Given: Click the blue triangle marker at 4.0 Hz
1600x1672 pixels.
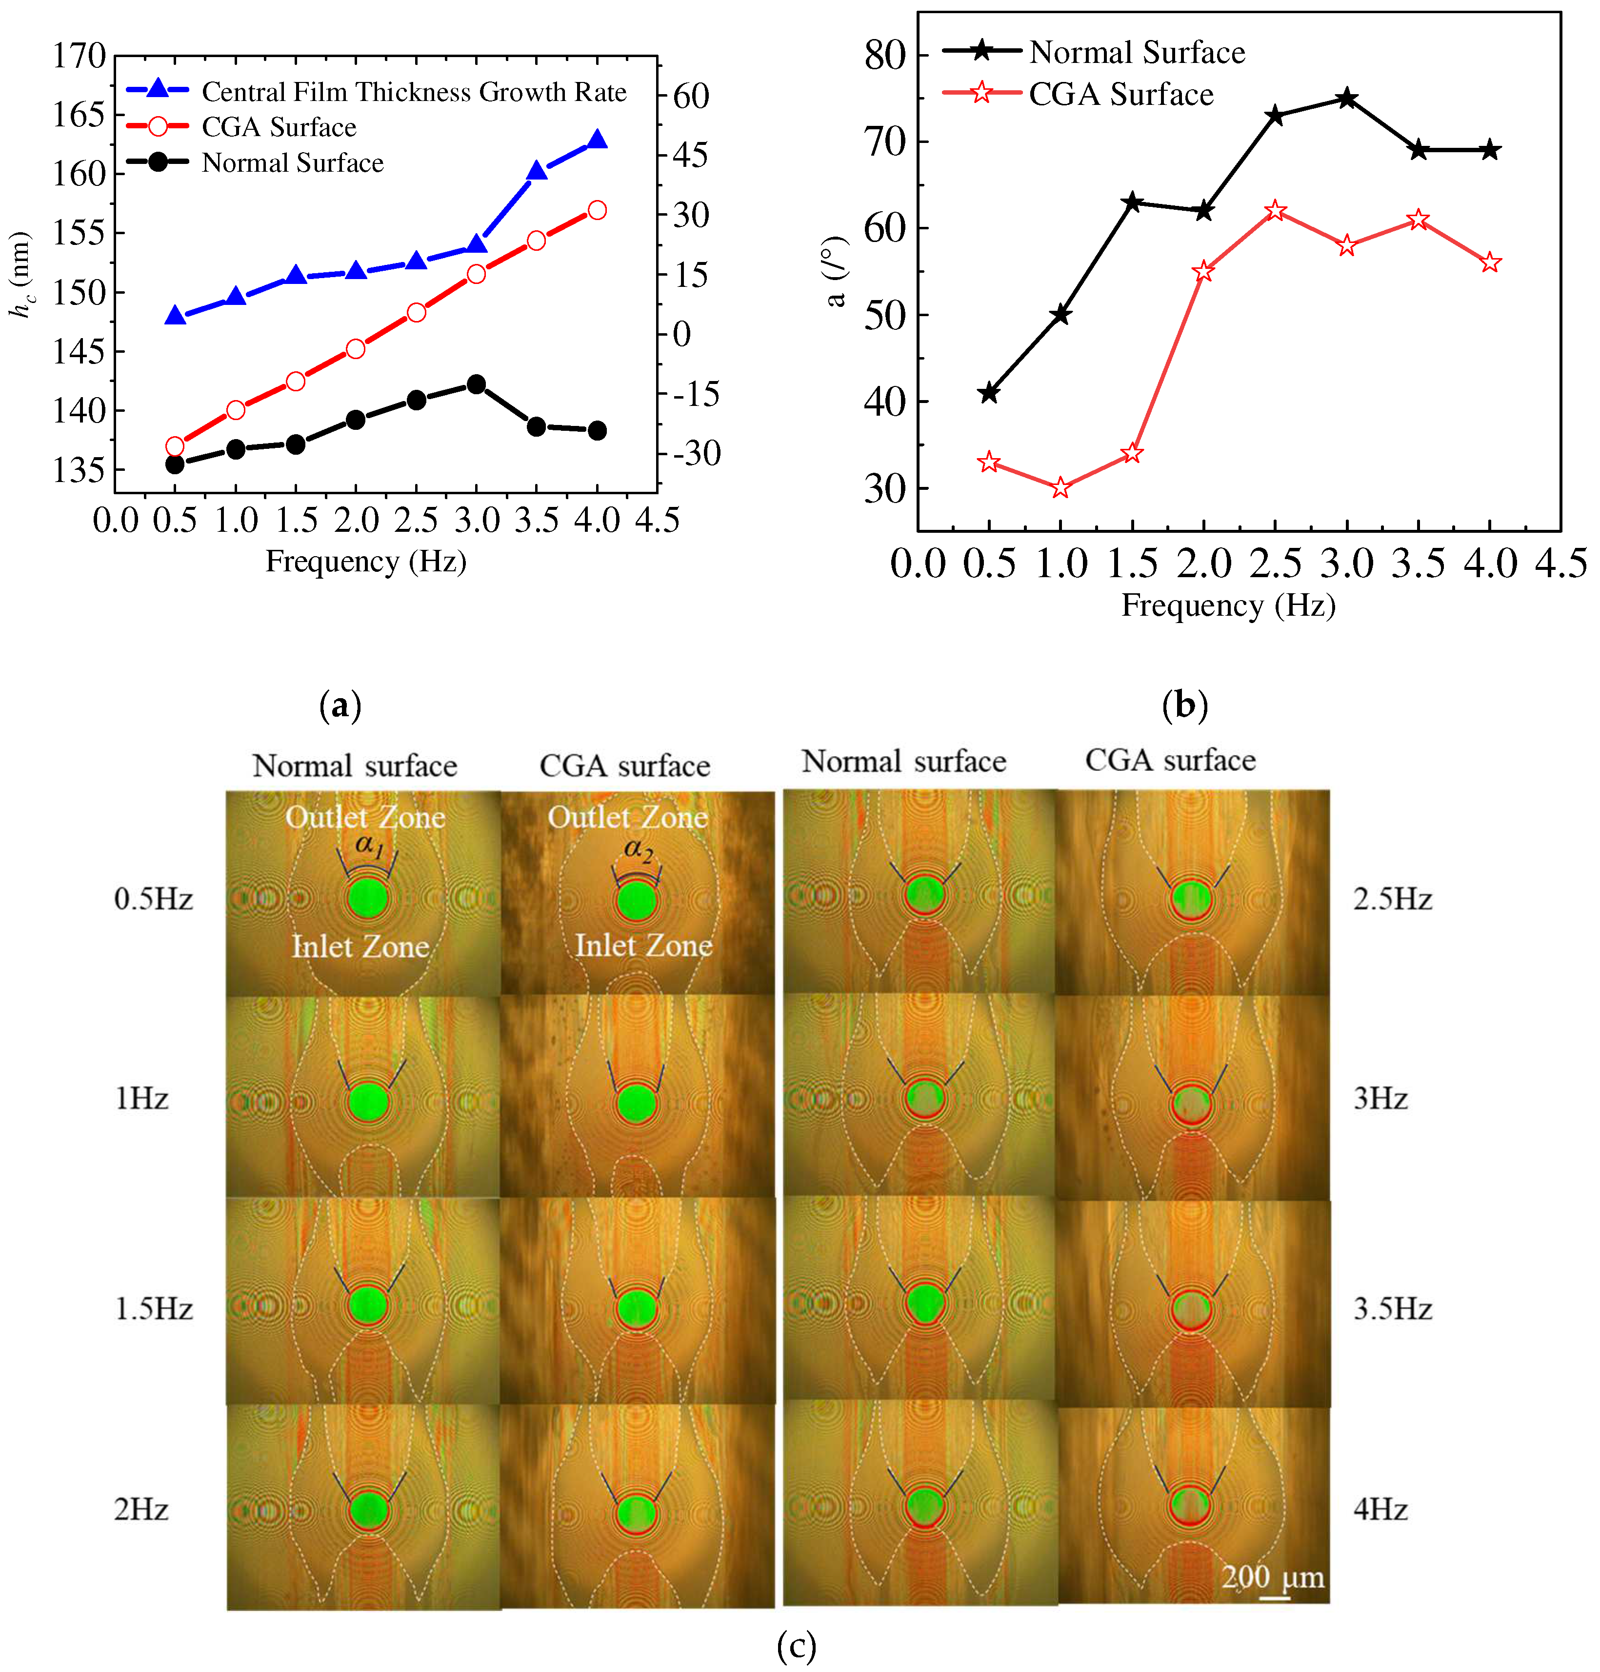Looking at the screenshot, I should click(x=597, y=140).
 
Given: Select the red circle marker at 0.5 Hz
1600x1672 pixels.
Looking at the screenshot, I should click(x=175, y=446).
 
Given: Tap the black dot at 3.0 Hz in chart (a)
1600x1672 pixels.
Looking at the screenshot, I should click(x=477, y=385).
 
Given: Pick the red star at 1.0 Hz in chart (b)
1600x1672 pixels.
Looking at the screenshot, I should click(x=1060, y=488).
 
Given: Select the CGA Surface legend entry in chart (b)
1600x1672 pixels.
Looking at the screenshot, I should click(x=1120, y=94).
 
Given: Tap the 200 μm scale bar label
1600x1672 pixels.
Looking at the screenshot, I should click(x=1273, y=1577).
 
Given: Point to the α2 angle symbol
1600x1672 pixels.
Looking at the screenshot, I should click(x=637, y=849).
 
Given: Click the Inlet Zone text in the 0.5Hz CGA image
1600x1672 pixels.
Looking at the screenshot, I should click(x=643, y=945).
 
